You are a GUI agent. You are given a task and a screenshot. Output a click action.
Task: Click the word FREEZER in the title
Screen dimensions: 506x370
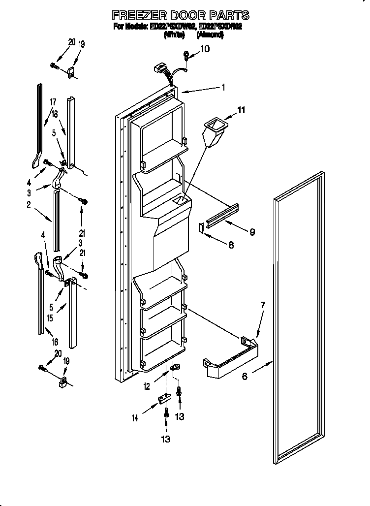pos(134,16)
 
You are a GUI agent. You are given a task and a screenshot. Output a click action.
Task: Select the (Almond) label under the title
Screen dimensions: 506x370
pos(210,35)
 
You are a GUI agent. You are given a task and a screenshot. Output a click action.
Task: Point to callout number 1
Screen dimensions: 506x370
pos(223,88)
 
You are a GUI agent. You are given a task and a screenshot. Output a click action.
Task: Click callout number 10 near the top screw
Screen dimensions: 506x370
pos(205,49)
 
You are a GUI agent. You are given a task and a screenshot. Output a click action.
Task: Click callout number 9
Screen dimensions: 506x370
pos(251,232)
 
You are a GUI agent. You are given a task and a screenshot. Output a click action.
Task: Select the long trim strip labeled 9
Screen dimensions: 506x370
pos(223,215)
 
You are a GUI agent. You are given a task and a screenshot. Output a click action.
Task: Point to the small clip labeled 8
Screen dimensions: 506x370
pos(200,227)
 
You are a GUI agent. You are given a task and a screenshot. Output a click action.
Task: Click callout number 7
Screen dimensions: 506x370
pos(262,305)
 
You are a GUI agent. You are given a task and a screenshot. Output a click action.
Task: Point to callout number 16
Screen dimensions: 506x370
pos(55,342)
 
